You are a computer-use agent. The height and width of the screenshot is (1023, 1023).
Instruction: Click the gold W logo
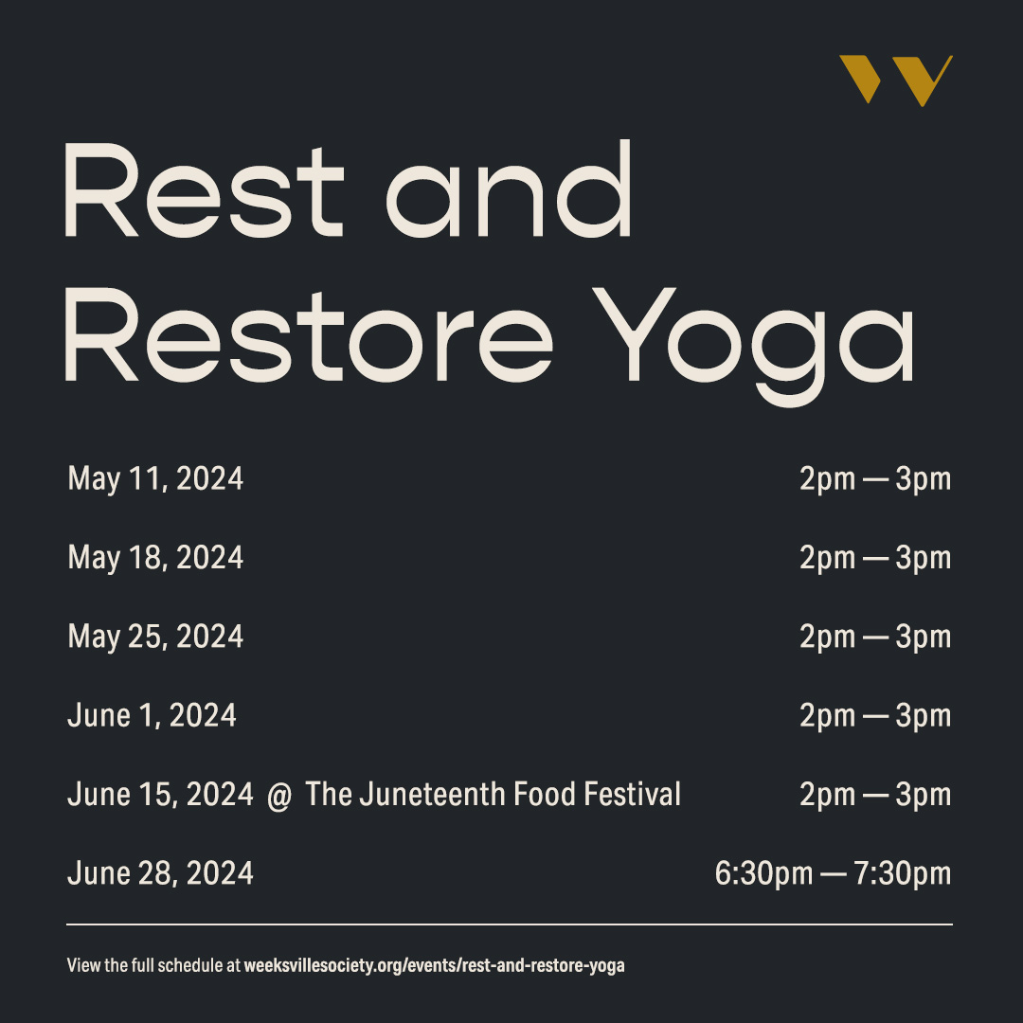click(895, 80)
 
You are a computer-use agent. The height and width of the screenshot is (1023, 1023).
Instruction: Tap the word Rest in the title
click(204, 189)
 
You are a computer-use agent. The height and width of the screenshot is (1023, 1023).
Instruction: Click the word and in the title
click(509, 189)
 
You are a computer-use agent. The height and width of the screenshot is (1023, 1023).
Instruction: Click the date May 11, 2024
click(155, 479)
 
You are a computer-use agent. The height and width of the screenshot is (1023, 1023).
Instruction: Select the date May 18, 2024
click(155, 558)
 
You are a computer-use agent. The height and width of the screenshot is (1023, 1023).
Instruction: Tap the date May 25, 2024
click(155, 637)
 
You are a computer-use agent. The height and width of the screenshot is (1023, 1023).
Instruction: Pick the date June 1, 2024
click(152, 715)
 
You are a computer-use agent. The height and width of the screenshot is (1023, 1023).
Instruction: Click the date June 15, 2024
click(160, 794)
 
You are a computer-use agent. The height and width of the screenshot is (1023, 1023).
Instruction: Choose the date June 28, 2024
click(160, 872)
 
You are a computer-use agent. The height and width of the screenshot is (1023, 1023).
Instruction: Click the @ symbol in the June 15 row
click(279, 794)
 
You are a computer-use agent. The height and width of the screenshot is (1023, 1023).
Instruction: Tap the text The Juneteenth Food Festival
click(494, 794)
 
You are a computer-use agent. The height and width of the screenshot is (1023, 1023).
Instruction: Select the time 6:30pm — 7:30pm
click(833, 872)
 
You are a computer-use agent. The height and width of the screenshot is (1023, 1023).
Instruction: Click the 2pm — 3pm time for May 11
click(874, 479)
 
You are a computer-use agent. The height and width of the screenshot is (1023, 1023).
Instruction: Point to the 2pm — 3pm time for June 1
click(874, 715)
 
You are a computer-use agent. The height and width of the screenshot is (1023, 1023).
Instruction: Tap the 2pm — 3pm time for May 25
click(874, 637)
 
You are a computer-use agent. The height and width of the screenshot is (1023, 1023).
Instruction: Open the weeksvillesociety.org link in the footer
click(435, 967)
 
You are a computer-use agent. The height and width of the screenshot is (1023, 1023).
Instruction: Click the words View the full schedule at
click(153, 967)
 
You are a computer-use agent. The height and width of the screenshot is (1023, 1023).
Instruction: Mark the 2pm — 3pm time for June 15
click(874, 794)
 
